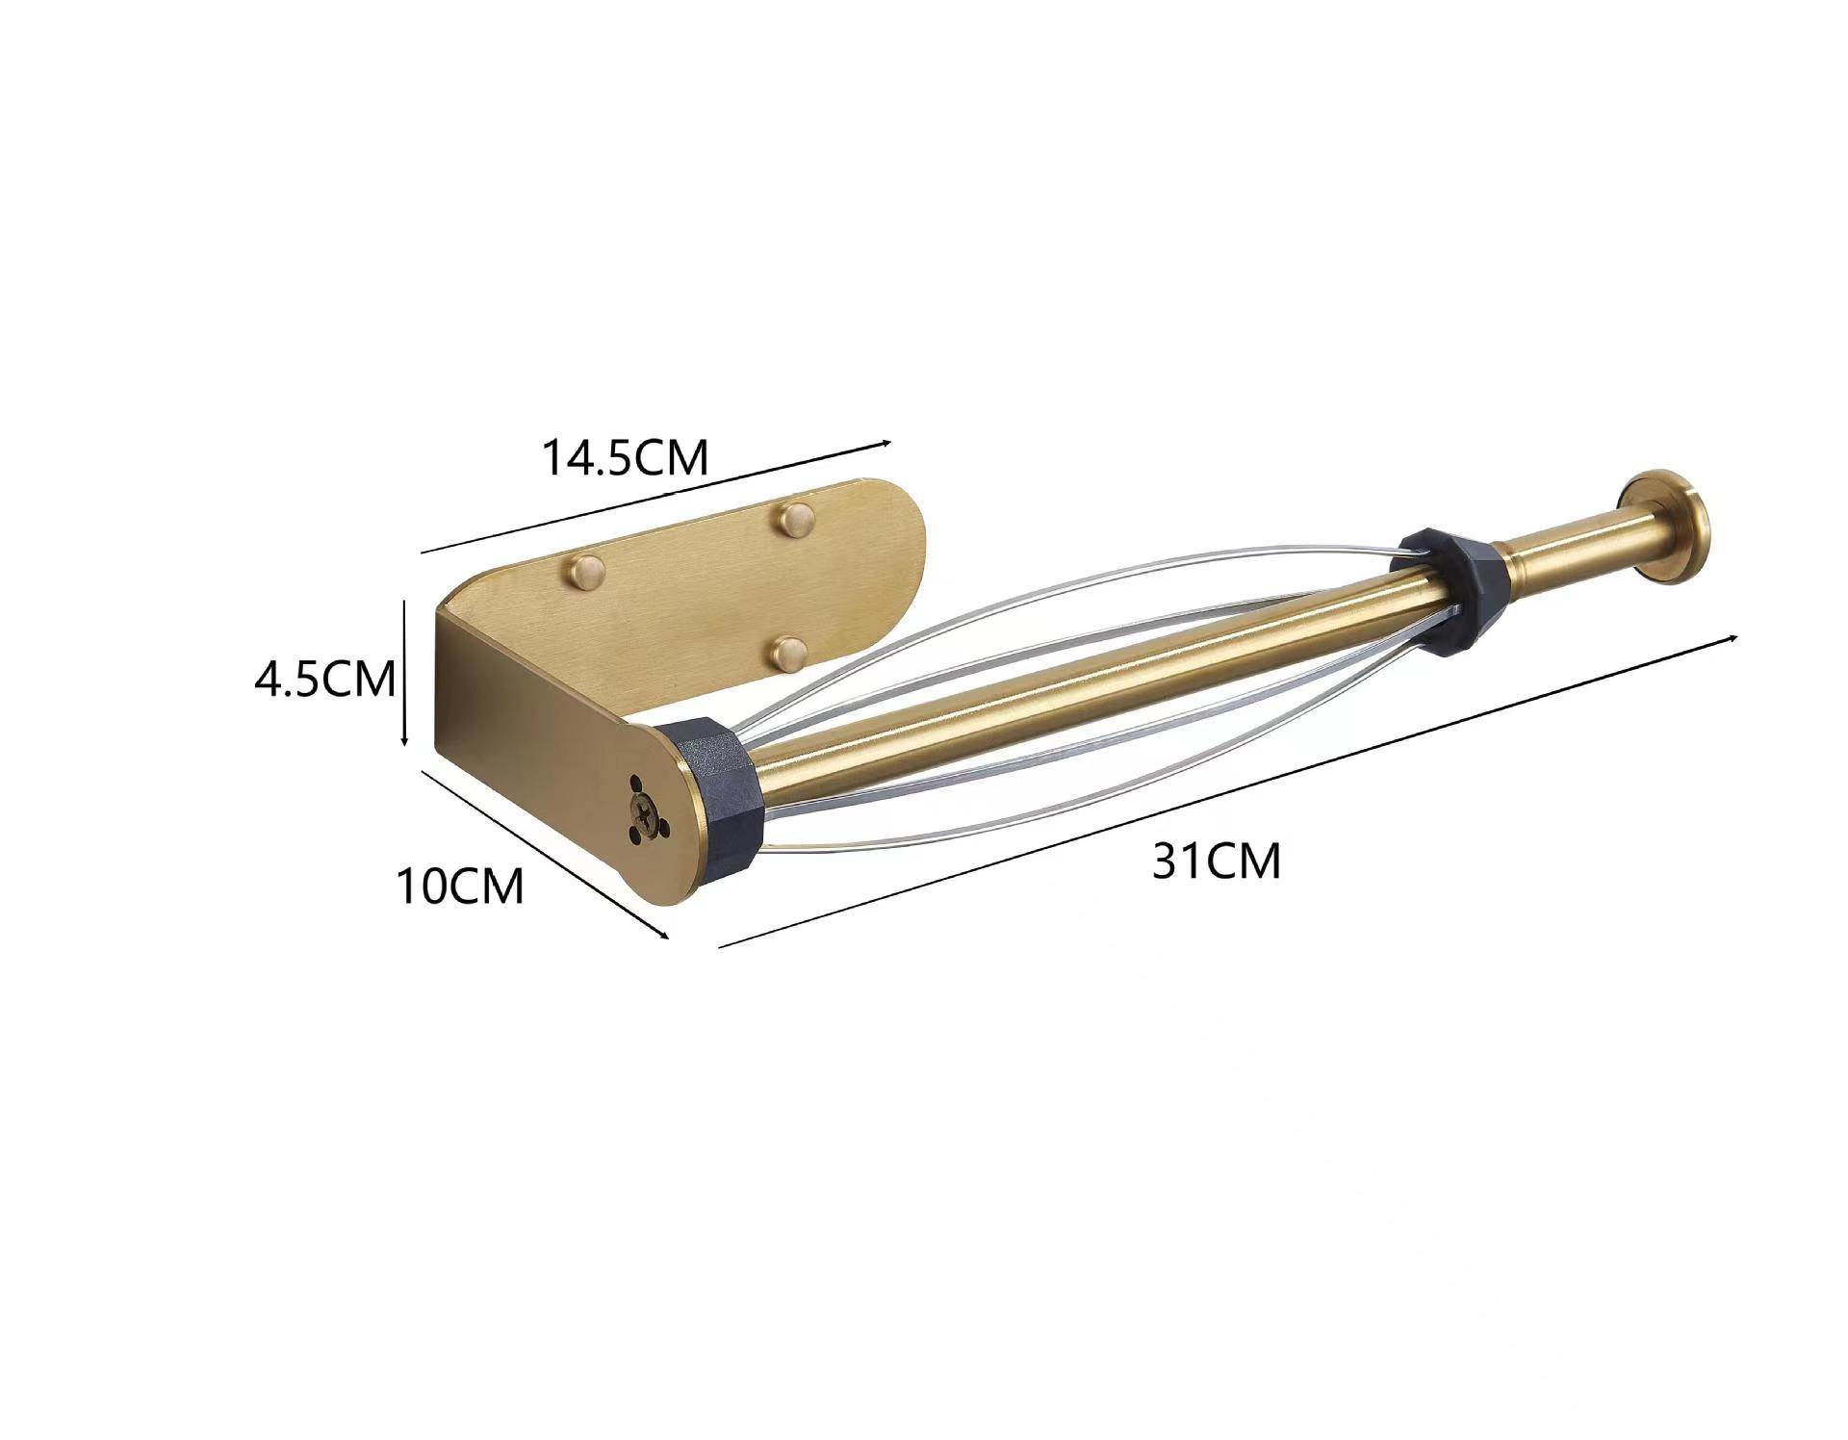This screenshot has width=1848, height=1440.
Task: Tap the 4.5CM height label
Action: tap(325, 679)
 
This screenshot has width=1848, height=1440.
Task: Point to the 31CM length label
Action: tap(1217, 860)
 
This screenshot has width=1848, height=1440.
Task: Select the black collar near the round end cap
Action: tap(1449, 588)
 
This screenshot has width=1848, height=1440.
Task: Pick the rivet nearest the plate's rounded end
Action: tap(796, 520)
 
